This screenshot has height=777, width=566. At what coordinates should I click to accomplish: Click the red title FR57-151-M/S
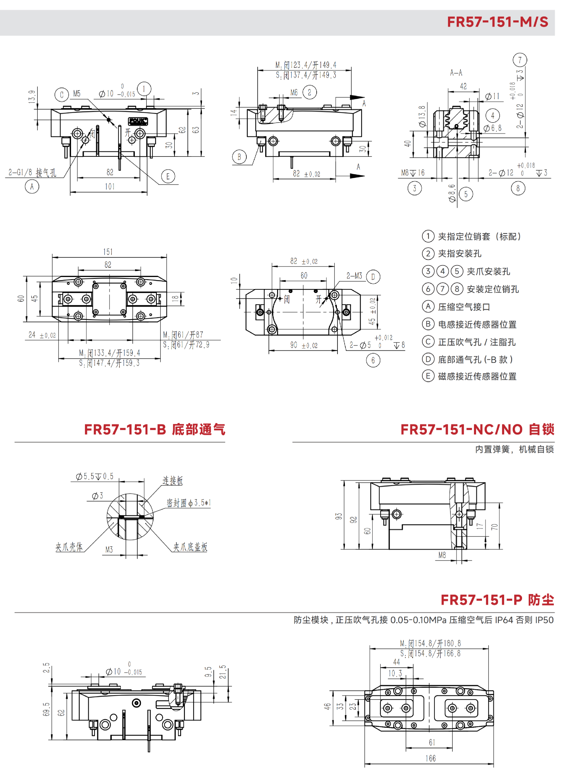(x=497, y=22)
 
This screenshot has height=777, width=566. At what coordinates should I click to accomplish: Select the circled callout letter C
(x=62, y=95)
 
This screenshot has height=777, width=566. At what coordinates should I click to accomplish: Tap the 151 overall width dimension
(x=108, y=252)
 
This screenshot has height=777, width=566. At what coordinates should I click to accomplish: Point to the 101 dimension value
(x=110, y=187)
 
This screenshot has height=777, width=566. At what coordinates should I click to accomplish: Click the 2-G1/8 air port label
(x=32, y=172)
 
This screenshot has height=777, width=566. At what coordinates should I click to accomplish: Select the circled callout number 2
(x=310, y=92)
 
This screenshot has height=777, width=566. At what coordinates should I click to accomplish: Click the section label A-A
(x=456, y=72)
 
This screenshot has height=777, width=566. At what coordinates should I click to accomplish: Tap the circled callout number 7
(x=520, y=60)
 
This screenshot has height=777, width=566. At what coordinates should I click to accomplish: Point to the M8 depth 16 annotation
(x=413, y=173)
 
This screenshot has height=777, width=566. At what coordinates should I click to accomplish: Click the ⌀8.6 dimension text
(x=453, y=193)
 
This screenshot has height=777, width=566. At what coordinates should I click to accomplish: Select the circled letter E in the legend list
(x=428, y=376)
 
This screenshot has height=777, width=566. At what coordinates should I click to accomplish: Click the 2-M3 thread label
(x=354, y=276)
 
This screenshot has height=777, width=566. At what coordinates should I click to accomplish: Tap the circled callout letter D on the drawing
(x=373, y=277)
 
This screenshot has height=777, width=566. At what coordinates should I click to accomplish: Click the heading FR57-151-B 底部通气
(x=154, y=429)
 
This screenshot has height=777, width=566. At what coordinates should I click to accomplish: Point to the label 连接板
(x=173, y=480)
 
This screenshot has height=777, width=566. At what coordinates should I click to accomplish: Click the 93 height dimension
(x=339, y=516)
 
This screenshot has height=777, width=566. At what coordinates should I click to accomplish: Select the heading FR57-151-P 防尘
(x=497, y=600)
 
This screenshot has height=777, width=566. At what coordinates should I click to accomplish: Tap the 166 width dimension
(x=431, y=758)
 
